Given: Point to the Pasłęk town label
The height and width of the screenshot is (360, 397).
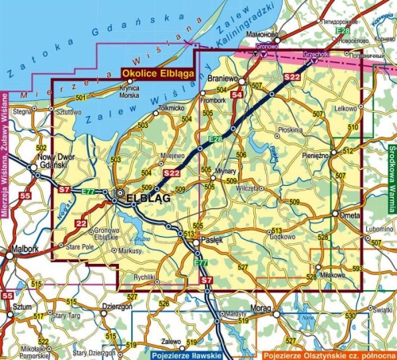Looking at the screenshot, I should coord(211,239).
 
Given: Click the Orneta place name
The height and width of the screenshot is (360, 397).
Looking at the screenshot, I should coord(349,215).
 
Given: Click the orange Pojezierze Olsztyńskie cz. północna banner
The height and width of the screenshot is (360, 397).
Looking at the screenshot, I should coord(329,354).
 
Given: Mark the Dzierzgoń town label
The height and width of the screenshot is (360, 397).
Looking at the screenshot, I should coord(116,304).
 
